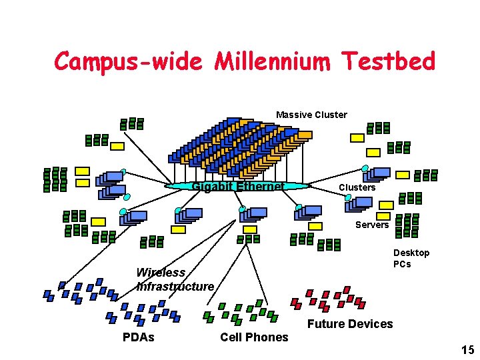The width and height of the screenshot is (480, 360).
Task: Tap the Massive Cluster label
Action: [311, 115]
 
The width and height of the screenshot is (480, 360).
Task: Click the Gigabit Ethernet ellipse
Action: [237, 186]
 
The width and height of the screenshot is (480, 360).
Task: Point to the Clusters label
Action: [357, 187]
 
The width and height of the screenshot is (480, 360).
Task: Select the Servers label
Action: [371, 225]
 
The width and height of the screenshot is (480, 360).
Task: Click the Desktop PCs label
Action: [411, 258]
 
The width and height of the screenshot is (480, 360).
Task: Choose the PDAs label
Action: [138, 337]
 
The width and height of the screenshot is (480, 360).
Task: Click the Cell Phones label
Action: [254, 337]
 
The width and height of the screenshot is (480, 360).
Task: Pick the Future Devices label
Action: [349, 324]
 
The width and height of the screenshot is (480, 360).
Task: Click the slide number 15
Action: [467, 350]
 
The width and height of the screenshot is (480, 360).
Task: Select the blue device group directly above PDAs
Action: [142, 313]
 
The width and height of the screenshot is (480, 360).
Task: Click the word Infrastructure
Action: [175, 286]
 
